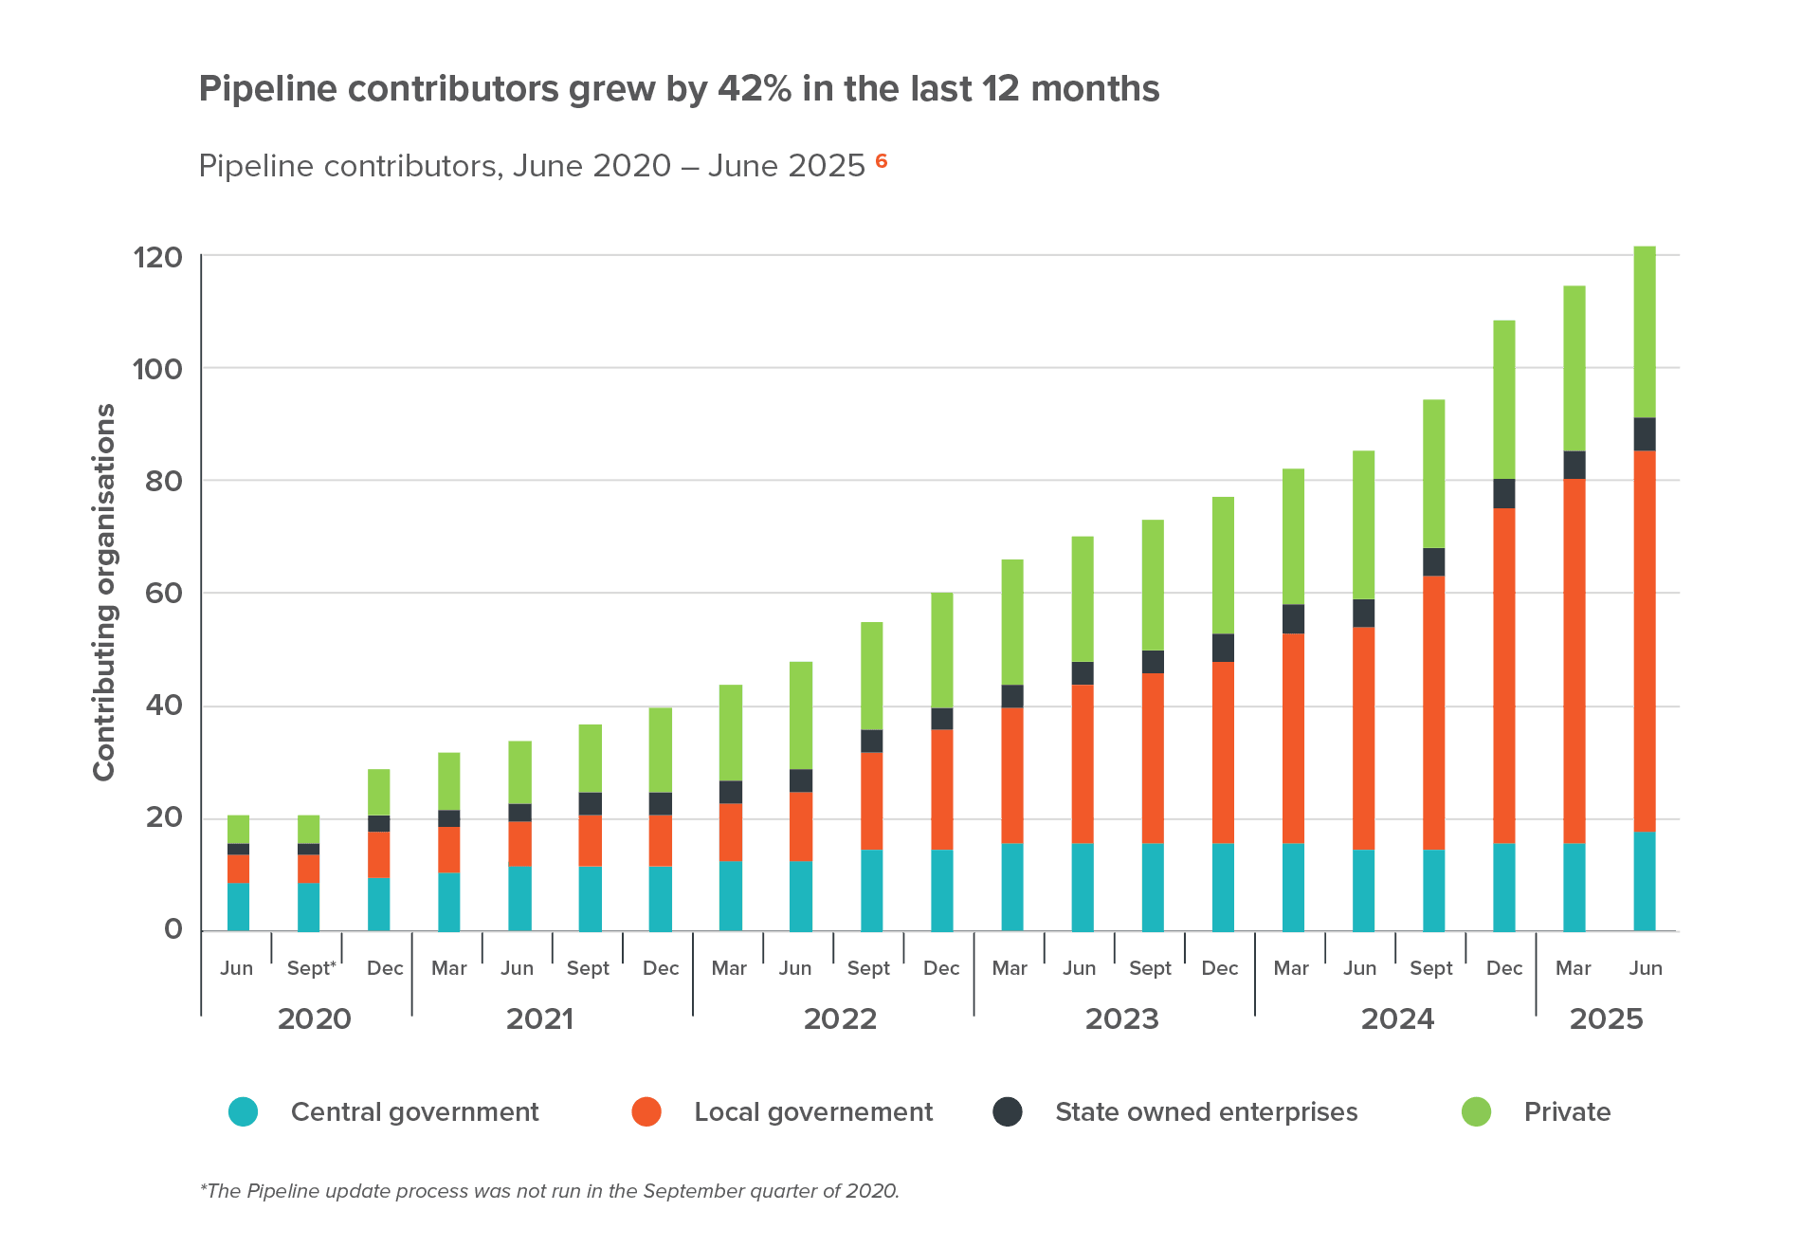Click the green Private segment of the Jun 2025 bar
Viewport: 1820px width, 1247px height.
point(1645,332)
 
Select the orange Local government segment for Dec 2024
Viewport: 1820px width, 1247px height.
point(1504,675)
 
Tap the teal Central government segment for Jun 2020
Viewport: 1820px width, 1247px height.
point(239,907)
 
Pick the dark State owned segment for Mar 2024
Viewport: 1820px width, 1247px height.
point(1293,618)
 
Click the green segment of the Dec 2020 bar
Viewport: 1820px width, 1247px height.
point(379,792)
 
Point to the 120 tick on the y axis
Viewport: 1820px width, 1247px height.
point(157,257)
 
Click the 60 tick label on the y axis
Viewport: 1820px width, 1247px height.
point(163,594)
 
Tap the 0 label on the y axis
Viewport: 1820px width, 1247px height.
point(173,930)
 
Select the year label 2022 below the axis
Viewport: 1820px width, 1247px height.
point(840,1019)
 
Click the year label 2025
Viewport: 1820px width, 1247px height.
point(1606,1019)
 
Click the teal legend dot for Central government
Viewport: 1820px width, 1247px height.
point(244,1111)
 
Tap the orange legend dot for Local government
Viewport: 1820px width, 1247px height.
point(646,1111)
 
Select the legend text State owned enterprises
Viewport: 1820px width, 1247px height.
point(1207,1111)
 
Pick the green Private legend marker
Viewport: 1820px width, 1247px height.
point(1477,1111)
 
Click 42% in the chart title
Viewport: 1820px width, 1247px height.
point(754,89)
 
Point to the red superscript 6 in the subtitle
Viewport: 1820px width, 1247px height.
point(882,160)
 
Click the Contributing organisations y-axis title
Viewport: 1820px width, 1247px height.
point(104,593)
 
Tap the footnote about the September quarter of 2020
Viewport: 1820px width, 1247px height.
point(550,1191)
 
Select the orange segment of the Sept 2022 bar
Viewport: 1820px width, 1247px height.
point(872,800)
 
